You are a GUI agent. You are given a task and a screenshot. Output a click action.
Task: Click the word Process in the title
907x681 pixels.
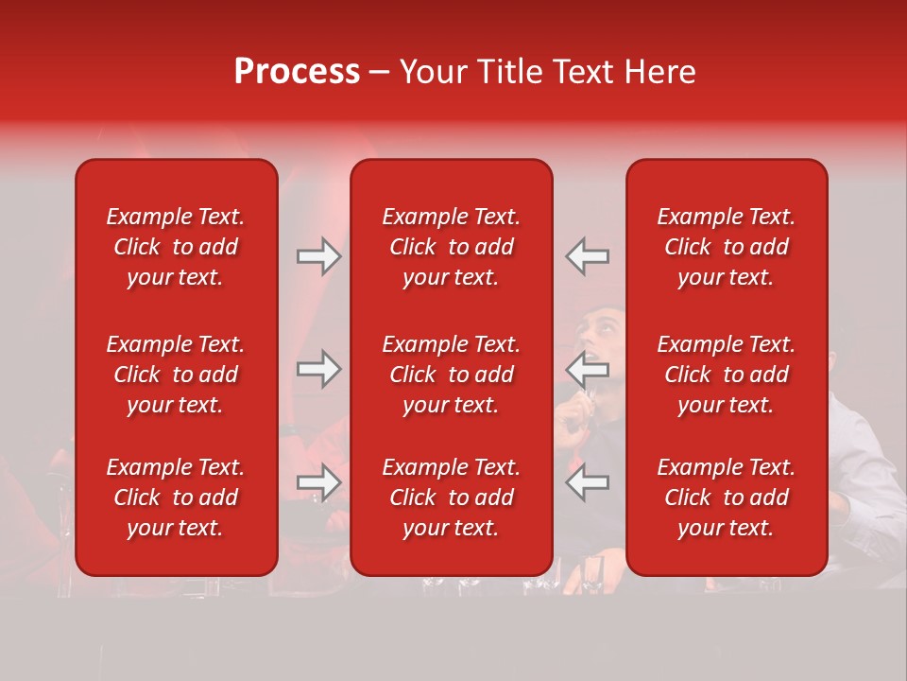pos(297,72)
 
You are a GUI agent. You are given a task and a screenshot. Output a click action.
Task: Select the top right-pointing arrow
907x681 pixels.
pos(319,256)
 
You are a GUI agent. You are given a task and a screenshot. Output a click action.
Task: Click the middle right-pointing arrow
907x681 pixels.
pos(319,369)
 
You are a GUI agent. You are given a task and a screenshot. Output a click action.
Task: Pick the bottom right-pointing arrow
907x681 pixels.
pos(319,482)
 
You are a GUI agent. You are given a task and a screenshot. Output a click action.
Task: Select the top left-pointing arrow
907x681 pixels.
pos(587,256)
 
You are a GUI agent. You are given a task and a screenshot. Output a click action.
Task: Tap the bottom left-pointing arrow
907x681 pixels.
pos(587,482)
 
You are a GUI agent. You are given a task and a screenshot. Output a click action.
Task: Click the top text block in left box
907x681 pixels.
pos(176,247)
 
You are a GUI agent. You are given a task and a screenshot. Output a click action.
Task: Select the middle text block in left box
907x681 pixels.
pos(176,375)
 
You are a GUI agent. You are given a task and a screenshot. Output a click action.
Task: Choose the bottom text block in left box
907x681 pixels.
pos(176,498)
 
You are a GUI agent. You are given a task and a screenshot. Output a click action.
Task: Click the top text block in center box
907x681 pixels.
pos(451,247)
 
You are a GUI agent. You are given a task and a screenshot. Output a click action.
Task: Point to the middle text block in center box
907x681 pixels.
pos(451,375)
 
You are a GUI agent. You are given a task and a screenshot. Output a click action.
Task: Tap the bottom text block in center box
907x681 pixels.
pos(451,498)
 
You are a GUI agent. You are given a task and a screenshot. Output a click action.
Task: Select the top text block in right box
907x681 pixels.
pos(726,247)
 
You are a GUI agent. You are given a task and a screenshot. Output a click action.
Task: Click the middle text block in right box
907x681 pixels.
pos(726,375)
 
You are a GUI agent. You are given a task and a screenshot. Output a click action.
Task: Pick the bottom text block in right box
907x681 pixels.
pos(726,498)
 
